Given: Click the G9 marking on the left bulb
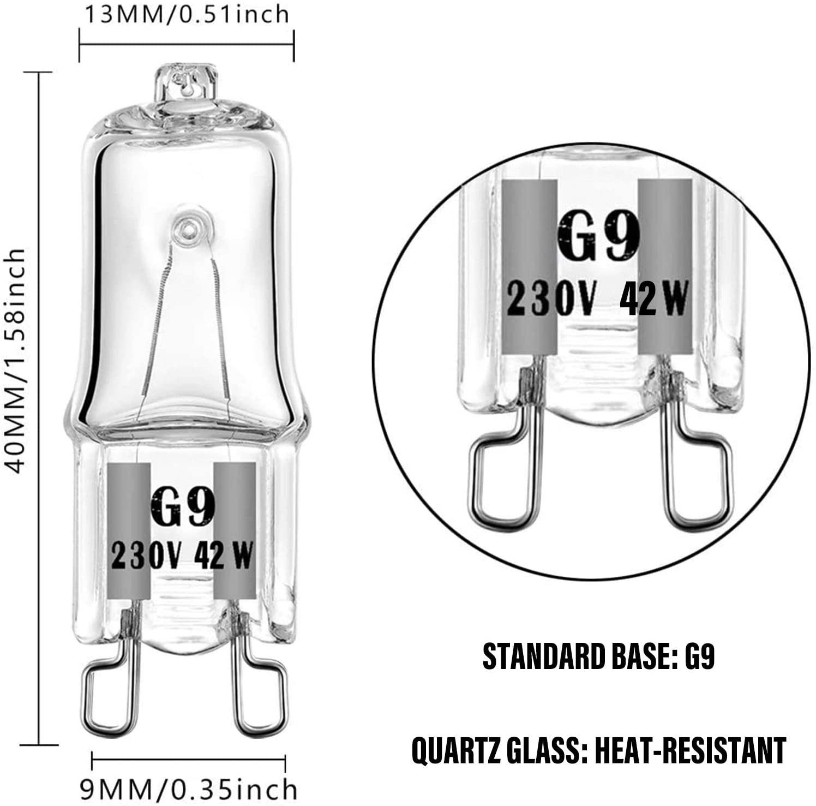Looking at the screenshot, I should point(181,506).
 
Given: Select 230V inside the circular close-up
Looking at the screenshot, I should point(548,299).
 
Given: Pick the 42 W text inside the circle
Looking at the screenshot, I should point(653,299).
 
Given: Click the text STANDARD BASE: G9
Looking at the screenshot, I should point(599,658).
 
